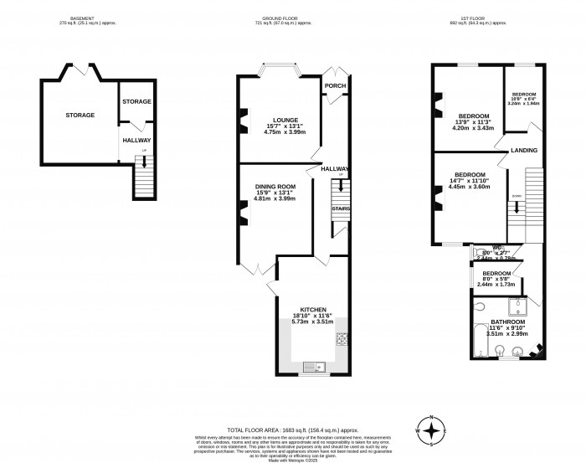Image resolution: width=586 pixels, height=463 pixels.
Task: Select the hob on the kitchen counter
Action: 342,339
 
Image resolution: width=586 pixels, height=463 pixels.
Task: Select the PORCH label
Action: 335,85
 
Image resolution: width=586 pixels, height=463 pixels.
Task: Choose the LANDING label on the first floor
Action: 524,150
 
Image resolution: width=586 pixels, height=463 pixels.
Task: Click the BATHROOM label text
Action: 507,322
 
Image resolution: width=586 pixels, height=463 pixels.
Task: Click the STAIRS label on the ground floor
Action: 340,208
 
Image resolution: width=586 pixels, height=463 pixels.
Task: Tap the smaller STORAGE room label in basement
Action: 136,101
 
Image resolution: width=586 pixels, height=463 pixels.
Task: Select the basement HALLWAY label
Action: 136,141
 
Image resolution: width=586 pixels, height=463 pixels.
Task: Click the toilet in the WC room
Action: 480,251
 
